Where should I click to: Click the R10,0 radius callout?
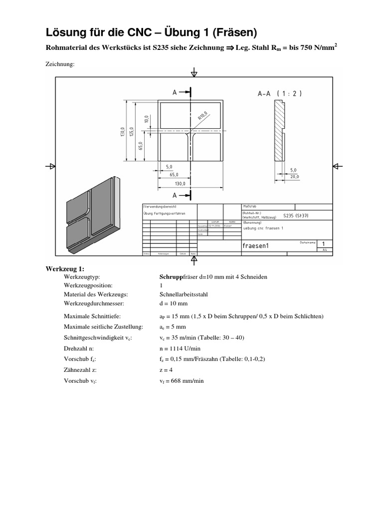click(204, 115)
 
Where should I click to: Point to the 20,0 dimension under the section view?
click(295, 176)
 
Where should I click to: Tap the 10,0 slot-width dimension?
click(147, 120)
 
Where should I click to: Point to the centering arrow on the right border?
click(335, 166)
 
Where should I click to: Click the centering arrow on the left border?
click(50, 166)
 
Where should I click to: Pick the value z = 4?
click(165, 370)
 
